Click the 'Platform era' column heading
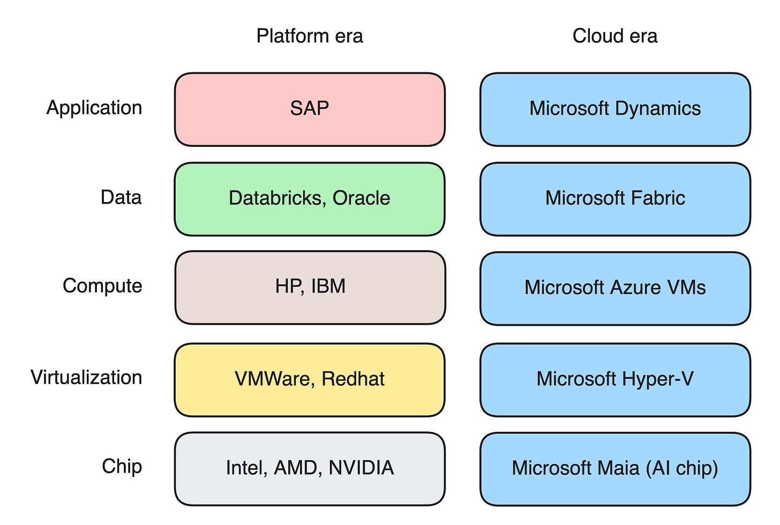point(310,36)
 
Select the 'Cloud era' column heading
point(615,36)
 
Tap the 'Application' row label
point(94,108)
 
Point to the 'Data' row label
point(121,197)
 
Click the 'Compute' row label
point(102,287)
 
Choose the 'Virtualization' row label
point(86,377)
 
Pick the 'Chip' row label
point(122,467)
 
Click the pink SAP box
point(310,109)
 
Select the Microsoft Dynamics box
point(616,109)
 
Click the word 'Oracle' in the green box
point(362,198)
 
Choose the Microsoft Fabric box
point(616,199)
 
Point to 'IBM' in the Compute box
point(328,286)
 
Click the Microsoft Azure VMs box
point(616,289)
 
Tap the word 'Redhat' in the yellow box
point(353,379)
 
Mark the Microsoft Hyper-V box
point(616,380)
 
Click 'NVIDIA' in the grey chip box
point(362,468)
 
